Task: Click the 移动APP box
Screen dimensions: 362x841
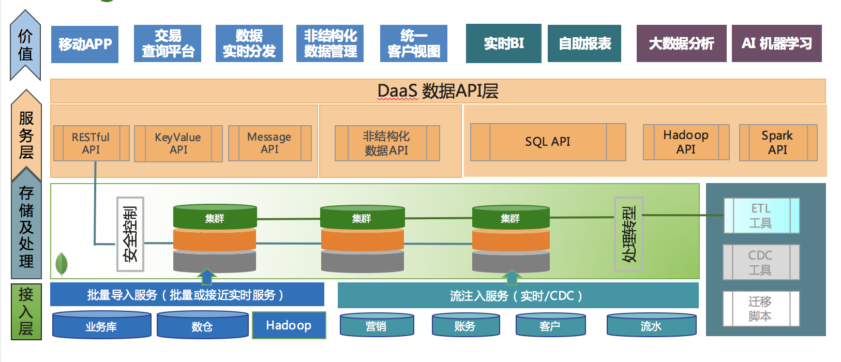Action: [85, 44]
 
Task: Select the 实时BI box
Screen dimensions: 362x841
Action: [503, 43]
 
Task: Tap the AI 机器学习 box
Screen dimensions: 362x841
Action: [776, 43]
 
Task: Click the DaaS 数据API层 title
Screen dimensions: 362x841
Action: [438, 91]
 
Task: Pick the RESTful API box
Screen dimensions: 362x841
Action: [91, 143]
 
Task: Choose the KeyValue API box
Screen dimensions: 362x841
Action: [178, 143]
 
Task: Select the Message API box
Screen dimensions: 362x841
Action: [269, 143]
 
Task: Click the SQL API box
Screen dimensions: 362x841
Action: [548, 142]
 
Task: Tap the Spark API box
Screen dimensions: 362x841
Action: [777, 142]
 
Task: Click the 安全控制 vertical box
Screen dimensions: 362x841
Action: [130, 234]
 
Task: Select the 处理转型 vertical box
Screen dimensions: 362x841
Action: [629, 234]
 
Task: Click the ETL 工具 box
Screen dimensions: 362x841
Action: [761, 216]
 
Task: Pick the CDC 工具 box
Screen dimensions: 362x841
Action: [761, 262]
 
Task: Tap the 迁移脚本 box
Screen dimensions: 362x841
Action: [761, 308]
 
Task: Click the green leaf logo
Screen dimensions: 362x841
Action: [62, 264]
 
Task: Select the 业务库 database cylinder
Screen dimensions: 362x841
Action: [101, 326]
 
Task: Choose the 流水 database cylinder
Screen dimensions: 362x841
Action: [651, 325]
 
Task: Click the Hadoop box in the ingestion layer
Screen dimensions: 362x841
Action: [289, 325]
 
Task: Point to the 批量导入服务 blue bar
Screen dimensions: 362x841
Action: [187, 295]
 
